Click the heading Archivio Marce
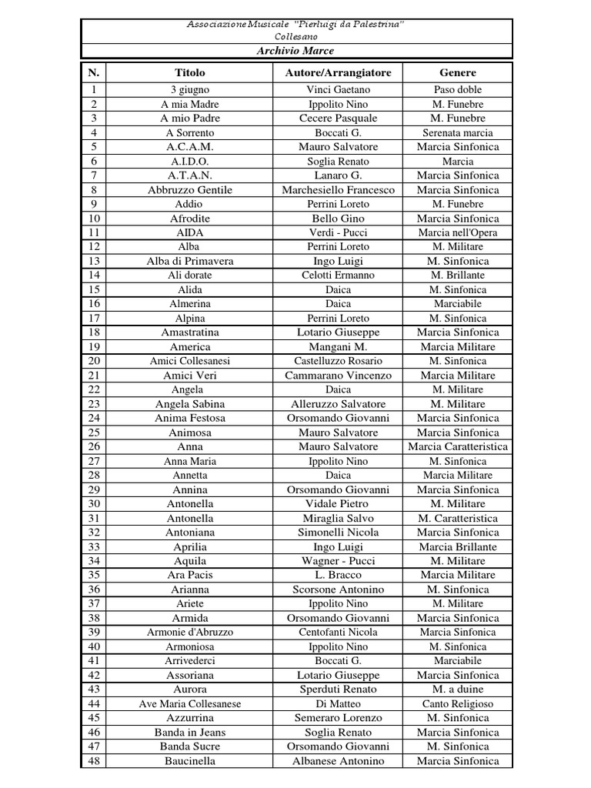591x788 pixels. (296, 51)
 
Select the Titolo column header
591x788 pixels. (190, 72)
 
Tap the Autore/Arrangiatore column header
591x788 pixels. (339, 72)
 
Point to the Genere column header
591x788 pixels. (458, 72)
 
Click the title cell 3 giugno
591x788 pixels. (190, 90)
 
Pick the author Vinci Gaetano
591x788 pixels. (339, 90)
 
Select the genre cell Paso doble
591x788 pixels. (458, 90)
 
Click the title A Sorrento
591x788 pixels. (190, 132)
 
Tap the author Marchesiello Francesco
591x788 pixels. (339, 190)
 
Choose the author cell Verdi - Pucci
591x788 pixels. (339, 232)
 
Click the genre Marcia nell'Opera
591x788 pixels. (458, 232)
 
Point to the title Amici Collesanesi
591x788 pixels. (190, 361)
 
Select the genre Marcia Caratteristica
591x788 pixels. (458, 446)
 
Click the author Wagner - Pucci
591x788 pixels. (339, 561)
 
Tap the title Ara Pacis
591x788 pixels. (190, 575)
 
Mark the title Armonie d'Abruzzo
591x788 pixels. (190, 632)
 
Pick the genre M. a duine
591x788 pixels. (458, 689)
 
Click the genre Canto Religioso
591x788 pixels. (458, 703)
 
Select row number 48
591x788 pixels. (94, 761)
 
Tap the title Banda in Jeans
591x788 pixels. (190, 733)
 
